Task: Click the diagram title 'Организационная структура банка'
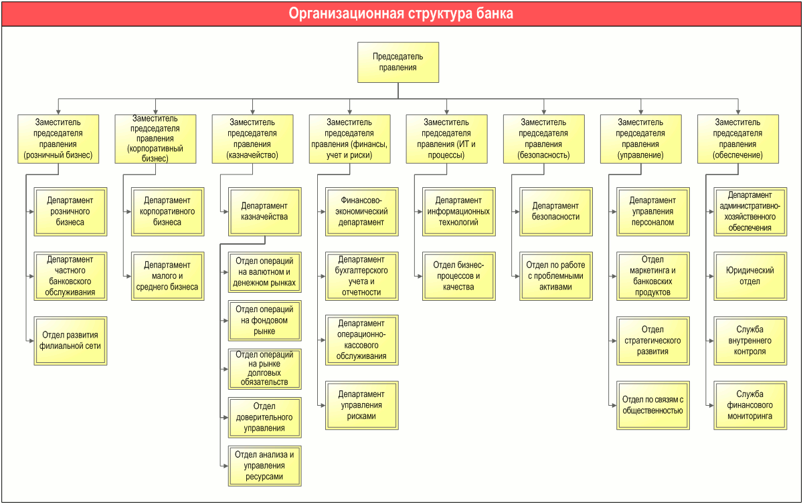401,13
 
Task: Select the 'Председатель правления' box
398,62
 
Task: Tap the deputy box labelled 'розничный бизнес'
58,139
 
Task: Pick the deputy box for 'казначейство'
252,139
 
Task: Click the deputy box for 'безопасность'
544,139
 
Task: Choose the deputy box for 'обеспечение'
737,139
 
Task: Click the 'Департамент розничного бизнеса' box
70,211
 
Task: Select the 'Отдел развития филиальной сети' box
70,341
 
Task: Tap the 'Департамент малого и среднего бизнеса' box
167,276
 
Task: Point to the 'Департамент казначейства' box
264,211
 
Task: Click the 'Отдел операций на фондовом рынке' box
264,321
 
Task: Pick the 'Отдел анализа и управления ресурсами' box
264,466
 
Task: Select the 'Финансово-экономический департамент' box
362,211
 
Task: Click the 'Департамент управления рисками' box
362,405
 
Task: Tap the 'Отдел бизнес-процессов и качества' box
459,276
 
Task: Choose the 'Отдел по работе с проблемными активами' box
556,276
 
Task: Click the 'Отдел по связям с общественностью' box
653,405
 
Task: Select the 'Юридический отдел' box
750,276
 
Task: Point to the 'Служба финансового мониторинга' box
750,405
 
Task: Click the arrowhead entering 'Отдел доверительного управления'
226,417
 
